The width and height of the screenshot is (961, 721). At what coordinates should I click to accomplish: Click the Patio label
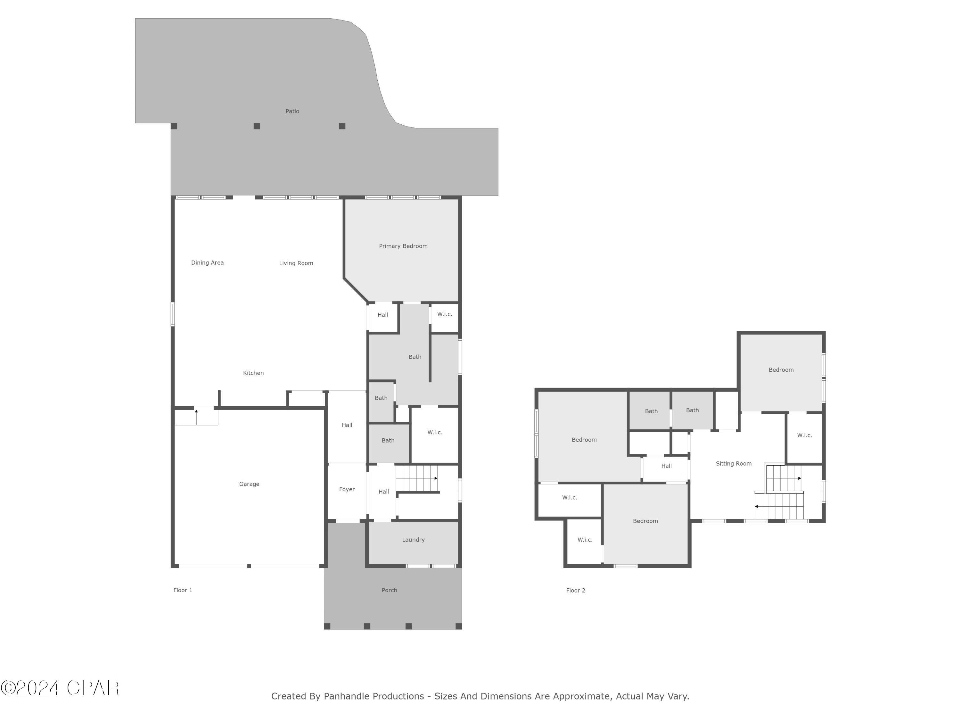click(292, 111)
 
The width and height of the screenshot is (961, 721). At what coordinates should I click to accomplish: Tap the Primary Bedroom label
click(403, 246)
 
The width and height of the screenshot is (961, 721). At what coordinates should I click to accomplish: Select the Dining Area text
click(207, 262)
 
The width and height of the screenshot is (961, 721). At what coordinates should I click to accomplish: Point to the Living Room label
click(296, 263)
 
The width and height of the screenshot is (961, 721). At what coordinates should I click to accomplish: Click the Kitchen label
click(253, 373)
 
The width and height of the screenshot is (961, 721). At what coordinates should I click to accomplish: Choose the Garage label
click(249, 484)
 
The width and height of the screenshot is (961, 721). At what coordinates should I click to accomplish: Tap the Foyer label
click(347, 489)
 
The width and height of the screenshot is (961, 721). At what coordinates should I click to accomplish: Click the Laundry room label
click(413, 540)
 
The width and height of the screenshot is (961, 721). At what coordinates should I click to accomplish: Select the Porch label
click(389, 590)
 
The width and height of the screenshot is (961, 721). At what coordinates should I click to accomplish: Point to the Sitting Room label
click(733, 464)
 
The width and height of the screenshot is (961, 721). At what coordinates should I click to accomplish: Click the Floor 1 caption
click(183, 590)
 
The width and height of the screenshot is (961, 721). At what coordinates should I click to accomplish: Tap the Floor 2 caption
click(576, 591)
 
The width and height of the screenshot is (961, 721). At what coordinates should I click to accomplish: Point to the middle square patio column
click(257, 126)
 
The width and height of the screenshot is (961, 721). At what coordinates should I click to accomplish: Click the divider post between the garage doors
click(249, 566)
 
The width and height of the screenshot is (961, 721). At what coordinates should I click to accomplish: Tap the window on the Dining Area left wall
click(172, 314)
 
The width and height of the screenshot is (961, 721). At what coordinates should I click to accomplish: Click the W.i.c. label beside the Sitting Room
click(804, 435)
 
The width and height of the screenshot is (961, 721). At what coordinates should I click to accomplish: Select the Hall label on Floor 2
click(666, 466)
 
